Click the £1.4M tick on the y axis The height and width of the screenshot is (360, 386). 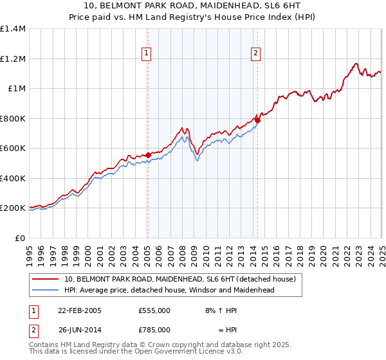pyautogui.click(x=13, y=29)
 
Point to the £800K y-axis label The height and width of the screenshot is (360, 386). pyautogui.click(x=13, y=118)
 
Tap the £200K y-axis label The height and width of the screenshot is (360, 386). pyautogui.click(x=13, y=208)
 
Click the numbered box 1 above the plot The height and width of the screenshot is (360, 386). pyautogui.click(x=147, y=53)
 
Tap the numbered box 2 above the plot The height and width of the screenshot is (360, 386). pyautogui.click(x=256, y=53)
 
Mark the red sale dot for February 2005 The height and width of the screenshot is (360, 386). pyautogui.click(x=148, y=155)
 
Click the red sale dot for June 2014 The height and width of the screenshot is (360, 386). pyautogui.click(x=257, y=120)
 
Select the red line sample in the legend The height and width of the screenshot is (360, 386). pyautogui.click(x=46, y=280)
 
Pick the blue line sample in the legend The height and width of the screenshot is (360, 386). pyautogui.click(x=46, y=291)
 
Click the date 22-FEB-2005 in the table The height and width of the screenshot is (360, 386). pyautogui.click(x=79, y=310)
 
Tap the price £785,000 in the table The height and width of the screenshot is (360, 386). pyautogui.click(x=154, y=330)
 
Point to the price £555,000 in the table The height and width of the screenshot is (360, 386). pyautogui.click(x=154, y=310)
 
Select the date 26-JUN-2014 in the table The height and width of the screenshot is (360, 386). pyautogui.click(x=79, y=330)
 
